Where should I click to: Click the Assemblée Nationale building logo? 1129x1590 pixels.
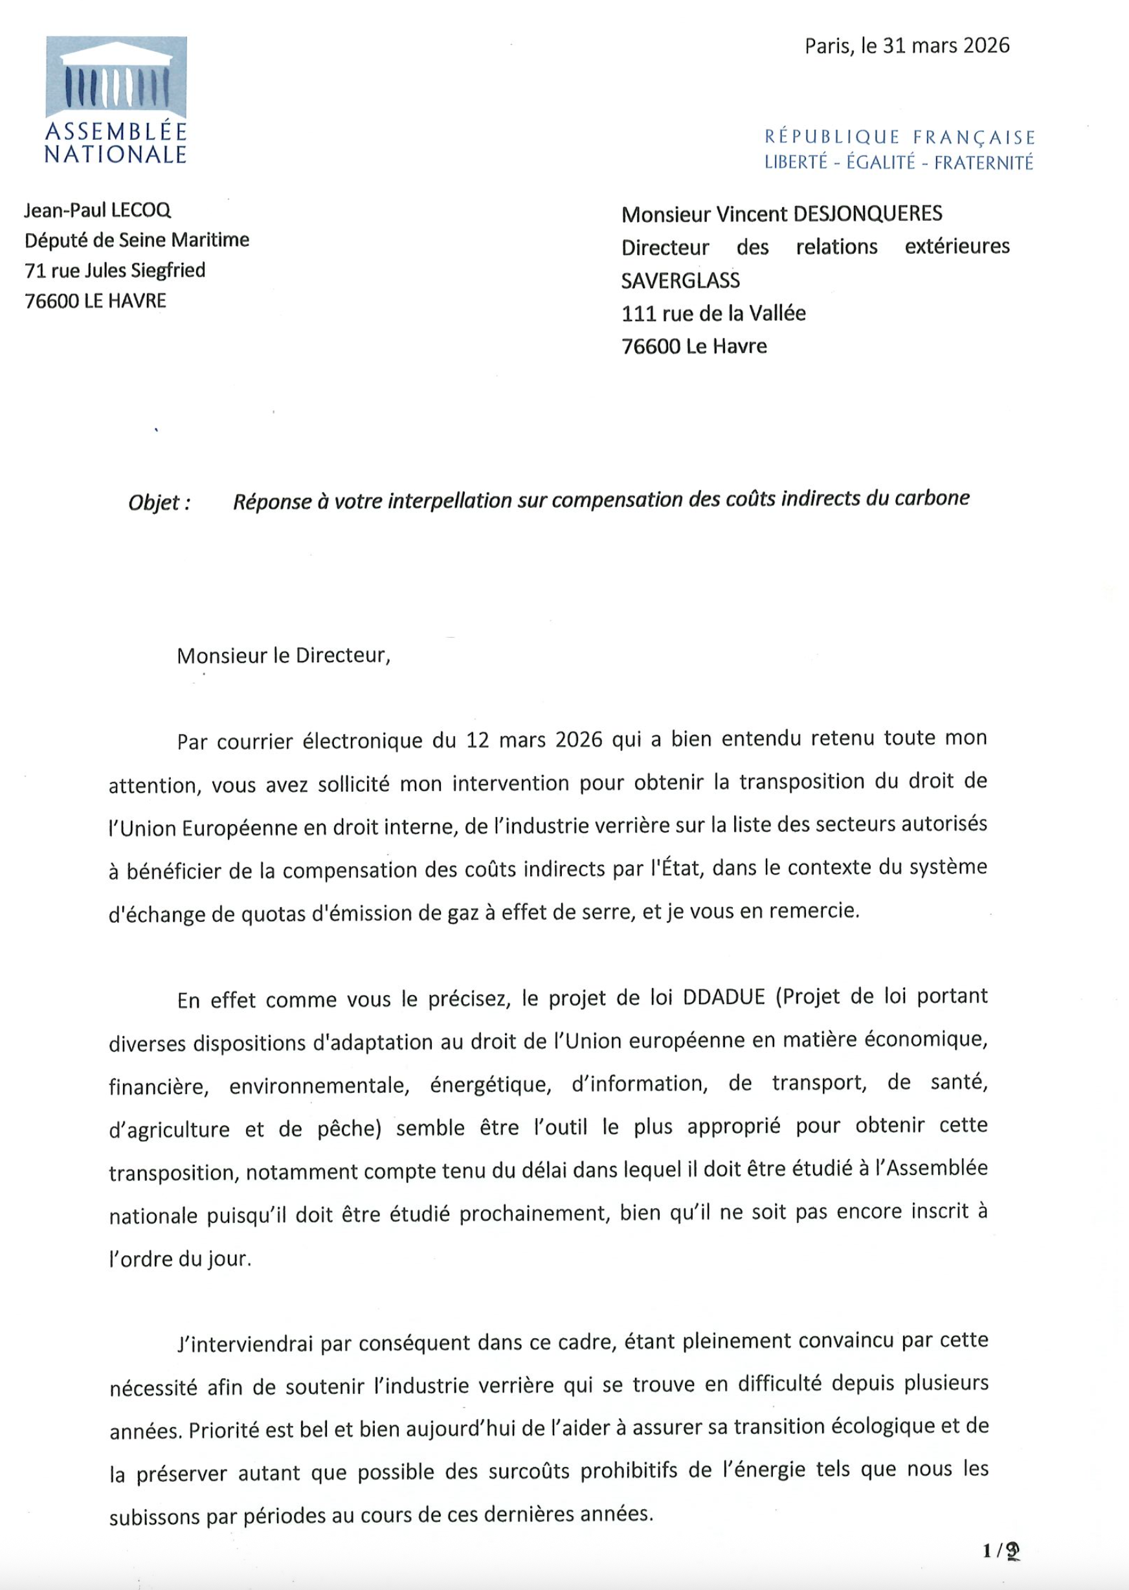click(x=116, y=77)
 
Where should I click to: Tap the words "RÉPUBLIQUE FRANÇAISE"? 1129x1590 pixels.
click(x=900, y=137)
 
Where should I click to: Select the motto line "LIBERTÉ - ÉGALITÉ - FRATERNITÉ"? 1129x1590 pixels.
click(x=899, y=162)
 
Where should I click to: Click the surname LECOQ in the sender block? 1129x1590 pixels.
click(x=141, y=210)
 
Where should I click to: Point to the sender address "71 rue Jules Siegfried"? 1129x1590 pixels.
click(x=115, y=270)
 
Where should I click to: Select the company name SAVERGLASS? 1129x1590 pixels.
click(x=680, y=280)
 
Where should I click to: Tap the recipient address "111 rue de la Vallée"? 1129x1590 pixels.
click(x=713, y=313)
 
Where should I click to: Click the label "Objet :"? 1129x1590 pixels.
click(x=159, y=502)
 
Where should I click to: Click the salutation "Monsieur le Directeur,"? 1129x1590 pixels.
click(x=284, y=656)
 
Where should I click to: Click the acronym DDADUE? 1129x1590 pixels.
click(x=724, y=997)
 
